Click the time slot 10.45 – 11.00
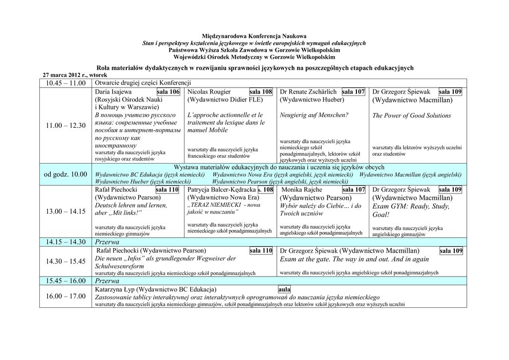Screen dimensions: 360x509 [66, 83]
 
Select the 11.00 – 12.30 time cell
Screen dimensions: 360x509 [66, 125]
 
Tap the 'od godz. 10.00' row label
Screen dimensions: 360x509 [66, 175]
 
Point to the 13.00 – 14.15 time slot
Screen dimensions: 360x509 [66, 211]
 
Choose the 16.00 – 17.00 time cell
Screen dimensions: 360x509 [66, 296]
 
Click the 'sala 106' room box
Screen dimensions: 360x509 [168, 92]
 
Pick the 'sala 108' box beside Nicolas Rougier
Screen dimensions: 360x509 [260, 92]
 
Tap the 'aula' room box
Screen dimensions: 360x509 [284, 289]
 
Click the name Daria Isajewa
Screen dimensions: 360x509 [113, 92]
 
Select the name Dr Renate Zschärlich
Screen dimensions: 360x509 [309, 92]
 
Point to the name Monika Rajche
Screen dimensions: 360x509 [302, 189]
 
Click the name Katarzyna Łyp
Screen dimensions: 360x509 [114, 289]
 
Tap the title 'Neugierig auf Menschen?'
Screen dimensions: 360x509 [314, 115]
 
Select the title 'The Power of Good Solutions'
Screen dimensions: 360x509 [412, 116]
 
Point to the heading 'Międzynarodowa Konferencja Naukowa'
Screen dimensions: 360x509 [254, 36]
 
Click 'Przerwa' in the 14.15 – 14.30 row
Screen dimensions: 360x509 [107, 242]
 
